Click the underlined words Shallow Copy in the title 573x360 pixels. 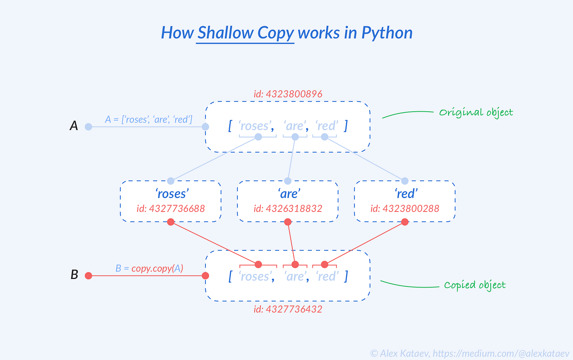246,33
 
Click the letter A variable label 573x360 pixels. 74,126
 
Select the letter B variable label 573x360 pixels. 74,274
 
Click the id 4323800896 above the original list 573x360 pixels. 288,94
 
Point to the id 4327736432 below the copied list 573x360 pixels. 288,309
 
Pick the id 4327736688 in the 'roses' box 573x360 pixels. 171,208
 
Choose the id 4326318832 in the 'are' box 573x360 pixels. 288,208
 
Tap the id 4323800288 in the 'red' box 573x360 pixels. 405,208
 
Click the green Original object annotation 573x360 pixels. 476,112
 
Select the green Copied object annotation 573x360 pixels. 475,285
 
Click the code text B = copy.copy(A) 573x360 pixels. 149,268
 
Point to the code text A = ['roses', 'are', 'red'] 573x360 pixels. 149,119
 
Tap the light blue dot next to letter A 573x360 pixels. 88,127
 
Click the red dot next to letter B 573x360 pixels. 88,276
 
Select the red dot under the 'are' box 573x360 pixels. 288,222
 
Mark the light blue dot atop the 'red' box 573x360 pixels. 405,181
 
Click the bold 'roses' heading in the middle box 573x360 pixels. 171,193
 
